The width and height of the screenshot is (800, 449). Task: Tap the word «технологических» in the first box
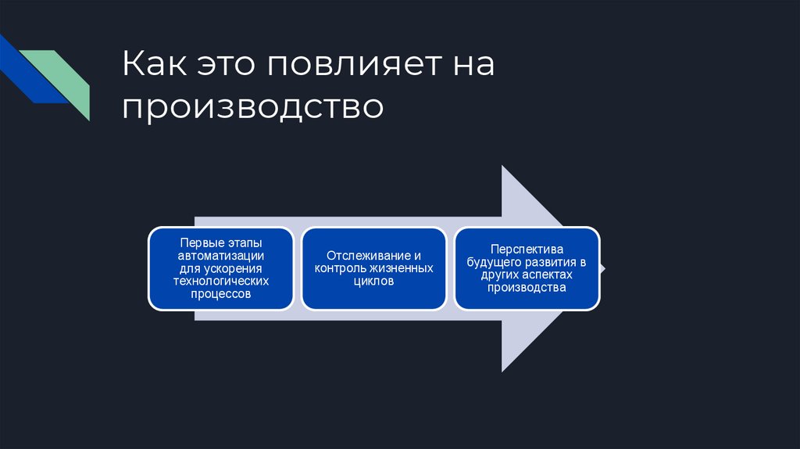[221, 281]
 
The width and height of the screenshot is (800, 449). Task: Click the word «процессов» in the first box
[221, 294]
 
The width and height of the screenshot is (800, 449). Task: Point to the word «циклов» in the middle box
[373, 282]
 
